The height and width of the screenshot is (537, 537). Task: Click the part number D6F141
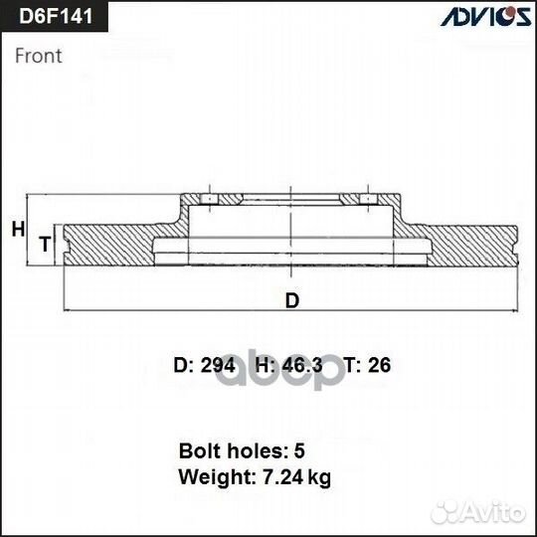pos(52,19)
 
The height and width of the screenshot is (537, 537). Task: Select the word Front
pos(39,56)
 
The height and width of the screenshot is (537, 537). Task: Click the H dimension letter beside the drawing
pos(17,230)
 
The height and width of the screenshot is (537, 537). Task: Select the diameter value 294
pos(217,366)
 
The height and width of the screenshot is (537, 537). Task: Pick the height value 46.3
pos(303,366)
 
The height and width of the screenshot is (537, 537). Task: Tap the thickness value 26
pos(379,366)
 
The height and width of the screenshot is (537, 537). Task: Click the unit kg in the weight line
pos(319,478)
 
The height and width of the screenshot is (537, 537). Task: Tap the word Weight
pos(212,477)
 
